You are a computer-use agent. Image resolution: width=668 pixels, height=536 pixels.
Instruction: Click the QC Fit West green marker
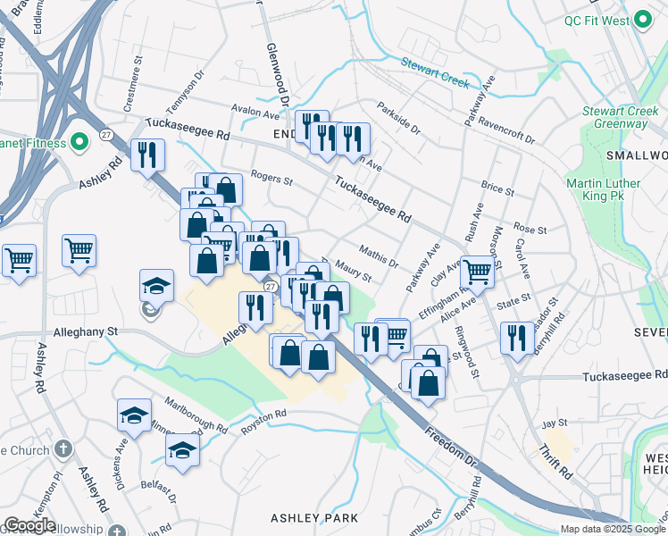click(x=642, y=21)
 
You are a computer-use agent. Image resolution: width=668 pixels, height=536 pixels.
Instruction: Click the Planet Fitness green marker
click(x=79, y=142)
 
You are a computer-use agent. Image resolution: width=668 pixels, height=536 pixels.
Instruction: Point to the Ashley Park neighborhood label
click(x=314, y=518)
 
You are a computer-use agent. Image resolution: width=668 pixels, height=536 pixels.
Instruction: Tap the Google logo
click(x=29, y=525)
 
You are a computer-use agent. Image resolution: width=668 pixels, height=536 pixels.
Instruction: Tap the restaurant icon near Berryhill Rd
click(x=517, y=339)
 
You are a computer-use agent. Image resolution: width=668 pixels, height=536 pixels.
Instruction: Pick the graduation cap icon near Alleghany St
click(x=156, y=286)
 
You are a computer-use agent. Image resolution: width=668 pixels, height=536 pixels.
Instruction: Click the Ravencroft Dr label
click(x=505, y=129)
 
